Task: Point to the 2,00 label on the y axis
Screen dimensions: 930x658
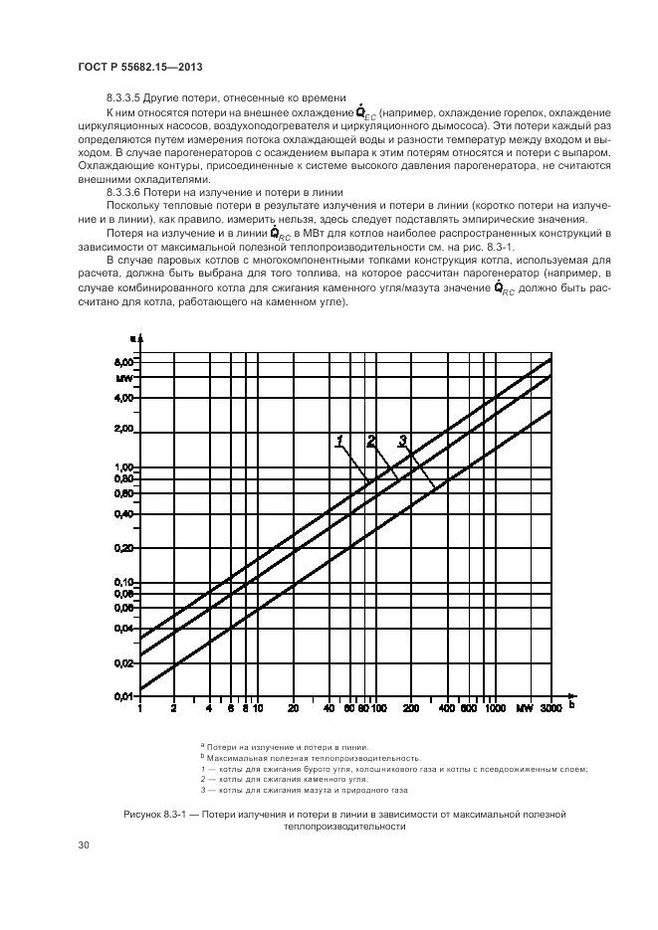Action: (123, 429)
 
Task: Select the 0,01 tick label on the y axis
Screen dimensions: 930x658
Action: (123, 696)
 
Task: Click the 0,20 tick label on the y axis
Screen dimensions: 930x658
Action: (123, 548)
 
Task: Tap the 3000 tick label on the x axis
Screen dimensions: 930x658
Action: (550, 709)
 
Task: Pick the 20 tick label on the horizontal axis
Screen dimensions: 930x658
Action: (292, 709)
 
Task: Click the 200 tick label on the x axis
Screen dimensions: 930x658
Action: (409, 709)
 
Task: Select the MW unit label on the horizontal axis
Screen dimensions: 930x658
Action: (524, 709)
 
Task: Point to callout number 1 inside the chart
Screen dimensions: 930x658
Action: (339, 440)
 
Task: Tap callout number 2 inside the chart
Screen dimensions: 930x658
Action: (370, 440)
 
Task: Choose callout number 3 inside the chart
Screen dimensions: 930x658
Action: (402, 440)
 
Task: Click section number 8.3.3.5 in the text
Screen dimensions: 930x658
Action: (126, 97)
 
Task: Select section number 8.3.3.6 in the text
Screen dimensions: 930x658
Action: (126, 191)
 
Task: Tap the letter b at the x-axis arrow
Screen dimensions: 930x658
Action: (572, 704)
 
